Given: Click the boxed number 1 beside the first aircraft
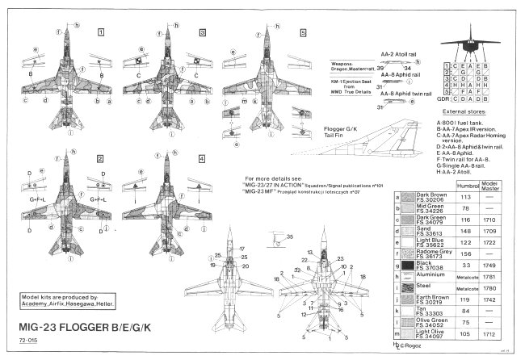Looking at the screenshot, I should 100,33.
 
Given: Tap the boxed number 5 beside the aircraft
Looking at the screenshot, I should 303,33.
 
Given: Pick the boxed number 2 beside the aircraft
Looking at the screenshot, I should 100,161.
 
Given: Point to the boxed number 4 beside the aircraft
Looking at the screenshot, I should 201,161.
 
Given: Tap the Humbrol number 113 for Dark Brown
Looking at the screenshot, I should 464,196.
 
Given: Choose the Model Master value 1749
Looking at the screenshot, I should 495,264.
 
